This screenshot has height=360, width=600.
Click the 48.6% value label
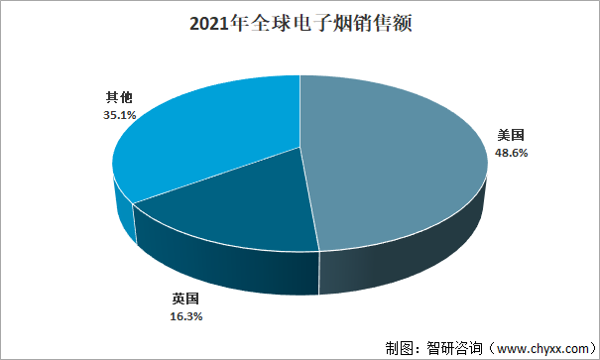coord(512,153)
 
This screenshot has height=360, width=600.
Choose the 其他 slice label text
coord(120,97)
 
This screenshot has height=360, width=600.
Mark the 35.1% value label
coord(120,114)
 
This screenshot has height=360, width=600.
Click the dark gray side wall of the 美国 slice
coord(417,263)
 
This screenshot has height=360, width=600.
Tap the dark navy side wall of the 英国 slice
coord(228,263)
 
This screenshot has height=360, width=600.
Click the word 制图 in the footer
coord(397,348)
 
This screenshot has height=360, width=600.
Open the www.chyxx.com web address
coord(540,348)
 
